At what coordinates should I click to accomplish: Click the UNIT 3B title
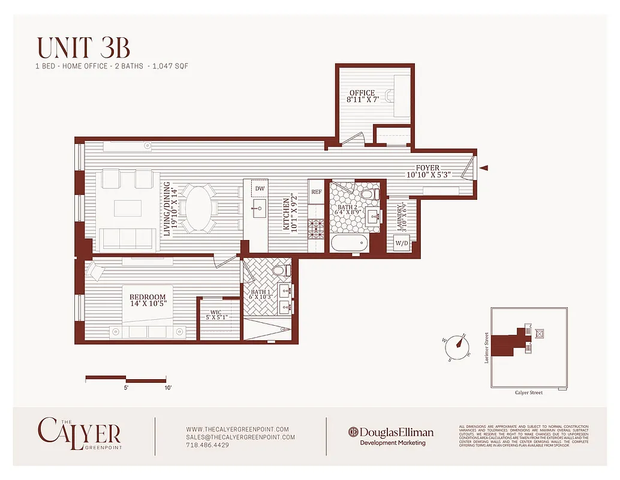point(83,48)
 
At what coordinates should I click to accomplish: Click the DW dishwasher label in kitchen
point(259,188)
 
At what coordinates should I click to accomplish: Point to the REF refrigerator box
point(316,192)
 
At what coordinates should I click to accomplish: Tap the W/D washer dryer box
point(401,244)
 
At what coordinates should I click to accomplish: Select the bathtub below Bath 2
point(348,244)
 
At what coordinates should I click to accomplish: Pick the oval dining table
point(201,208)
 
